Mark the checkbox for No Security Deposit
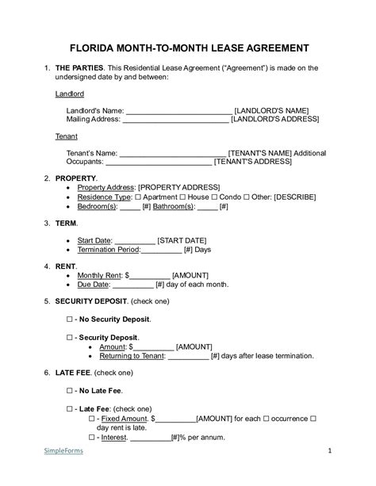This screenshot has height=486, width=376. click(x=69, y=319)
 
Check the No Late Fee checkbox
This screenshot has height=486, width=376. click(x=69, y=391)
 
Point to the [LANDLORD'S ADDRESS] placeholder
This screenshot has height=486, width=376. click(x=274, y=119)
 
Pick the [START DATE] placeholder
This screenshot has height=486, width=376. click(x=182, y=239)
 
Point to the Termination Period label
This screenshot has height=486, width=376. click(x=108, y=249)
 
